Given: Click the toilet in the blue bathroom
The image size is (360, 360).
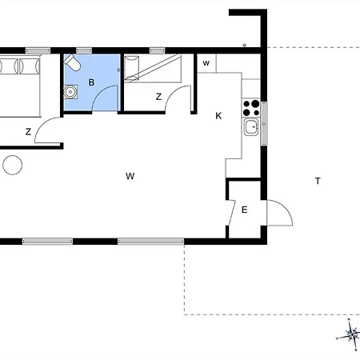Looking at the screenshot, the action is (72, 62).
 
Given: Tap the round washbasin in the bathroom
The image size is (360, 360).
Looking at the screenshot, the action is (70, 92).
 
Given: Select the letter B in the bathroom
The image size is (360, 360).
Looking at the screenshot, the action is (91, 82).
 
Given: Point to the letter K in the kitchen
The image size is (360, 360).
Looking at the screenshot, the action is (218, 116).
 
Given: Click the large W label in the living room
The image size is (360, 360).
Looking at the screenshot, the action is (130, 176).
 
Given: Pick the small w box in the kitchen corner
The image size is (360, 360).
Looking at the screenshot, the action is (206, 63).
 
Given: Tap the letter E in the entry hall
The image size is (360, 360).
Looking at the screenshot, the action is (244, 210).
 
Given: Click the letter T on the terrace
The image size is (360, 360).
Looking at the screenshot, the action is (318, 181).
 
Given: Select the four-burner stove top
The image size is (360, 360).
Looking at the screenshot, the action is (251, 107).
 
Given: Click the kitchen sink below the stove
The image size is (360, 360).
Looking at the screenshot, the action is (251, 127).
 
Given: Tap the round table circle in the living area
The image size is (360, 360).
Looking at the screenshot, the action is (13, 165).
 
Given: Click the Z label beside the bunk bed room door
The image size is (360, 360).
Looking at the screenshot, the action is (158, 97).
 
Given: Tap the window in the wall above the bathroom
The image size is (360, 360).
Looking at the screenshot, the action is (84, 50).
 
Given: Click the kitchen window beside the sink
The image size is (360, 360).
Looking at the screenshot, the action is (264, 123).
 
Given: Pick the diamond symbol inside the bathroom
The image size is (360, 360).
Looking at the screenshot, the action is (118, 70).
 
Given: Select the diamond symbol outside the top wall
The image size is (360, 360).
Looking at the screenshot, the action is (245, 46).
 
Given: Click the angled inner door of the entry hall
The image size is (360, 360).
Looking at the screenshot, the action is (232, 213).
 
